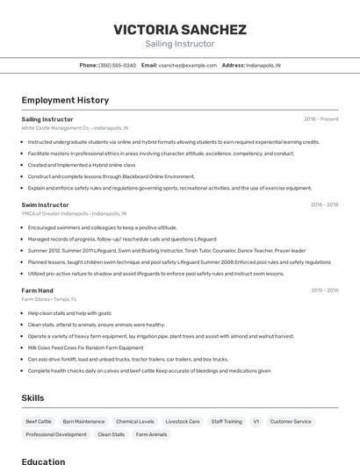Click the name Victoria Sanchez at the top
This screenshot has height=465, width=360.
[179, 29]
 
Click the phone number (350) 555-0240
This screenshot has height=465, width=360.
[117, 65]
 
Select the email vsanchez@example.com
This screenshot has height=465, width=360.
[187, 65]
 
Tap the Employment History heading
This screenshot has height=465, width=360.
[65, 100]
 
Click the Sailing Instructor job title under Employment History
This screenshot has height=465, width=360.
[47, 118]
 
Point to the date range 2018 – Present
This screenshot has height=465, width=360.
[320, 118]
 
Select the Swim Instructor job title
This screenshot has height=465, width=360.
[45, 204]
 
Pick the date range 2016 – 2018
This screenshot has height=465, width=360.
[324, 204]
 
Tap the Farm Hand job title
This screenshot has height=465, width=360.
[38, 290]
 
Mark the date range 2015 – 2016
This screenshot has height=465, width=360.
[324, 290]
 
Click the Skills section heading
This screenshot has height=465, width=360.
[32, 397]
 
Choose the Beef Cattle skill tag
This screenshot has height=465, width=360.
[39, 421]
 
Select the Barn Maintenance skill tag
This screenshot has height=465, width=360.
[83, 421]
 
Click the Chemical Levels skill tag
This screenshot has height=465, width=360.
[134, 421]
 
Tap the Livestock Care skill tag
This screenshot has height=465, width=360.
[183, 421]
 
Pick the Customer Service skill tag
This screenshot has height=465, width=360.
[290, 421]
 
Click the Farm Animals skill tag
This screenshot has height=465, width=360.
[151, 434]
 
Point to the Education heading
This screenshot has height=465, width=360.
[44, 461]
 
